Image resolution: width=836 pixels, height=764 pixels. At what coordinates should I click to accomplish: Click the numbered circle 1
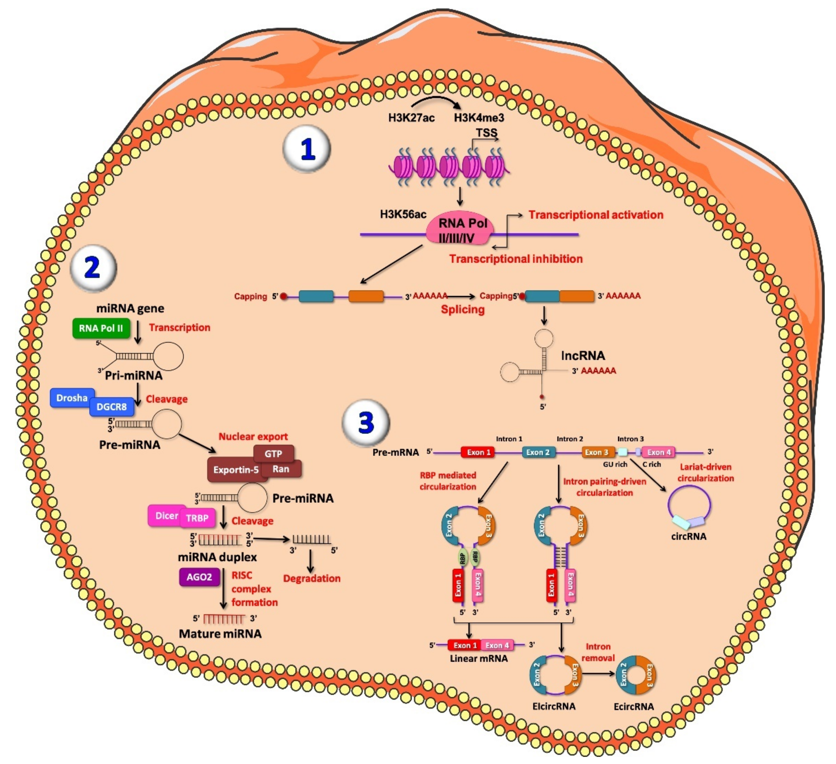click(x=306, y=148)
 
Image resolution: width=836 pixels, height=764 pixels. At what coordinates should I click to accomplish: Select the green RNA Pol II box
click(x=101, y=328)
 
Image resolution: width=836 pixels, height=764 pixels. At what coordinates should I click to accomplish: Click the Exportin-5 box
click(x=236, y=470)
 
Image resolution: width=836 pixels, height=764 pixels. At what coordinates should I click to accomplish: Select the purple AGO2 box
click(x=199, y=577)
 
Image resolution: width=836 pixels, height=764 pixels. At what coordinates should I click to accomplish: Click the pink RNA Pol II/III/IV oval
click(x=460, y=230)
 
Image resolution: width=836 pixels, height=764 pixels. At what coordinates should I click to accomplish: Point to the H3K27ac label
click(x=411, y=118)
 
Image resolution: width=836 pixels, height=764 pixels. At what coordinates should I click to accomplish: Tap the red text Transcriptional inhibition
click(x=516, y=259)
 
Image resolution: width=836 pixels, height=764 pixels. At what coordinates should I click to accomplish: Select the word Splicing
click(x=463, y=310)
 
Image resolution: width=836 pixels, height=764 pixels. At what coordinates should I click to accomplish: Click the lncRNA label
click(x=583, y=355)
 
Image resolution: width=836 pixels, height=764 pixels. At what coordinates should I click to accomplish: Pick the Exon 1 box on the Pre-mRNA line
click(x=478, y=452)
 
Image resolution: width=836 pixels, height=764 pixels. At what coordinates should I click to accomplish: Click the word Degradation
click(x=312, y=579)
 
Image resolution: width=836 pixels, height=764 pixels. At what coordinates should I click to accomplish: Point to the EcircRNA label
click(x=634, y=706)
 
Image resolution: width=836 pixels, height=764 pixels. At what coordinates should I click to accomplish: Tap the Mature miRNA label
click(x=220, y=634)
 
